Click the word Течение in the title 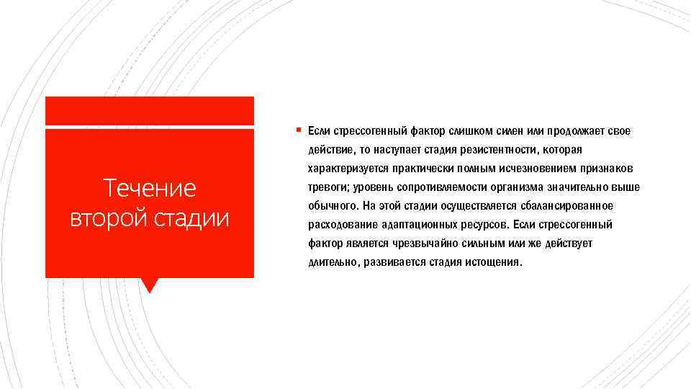[x=149, y=189]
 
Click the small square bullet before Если [x=297, y=130]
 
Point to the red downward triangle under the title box [x=149, y=285]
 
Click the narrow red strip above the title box [x=149, y=110]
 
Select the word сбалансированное [x=569, y=206]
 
